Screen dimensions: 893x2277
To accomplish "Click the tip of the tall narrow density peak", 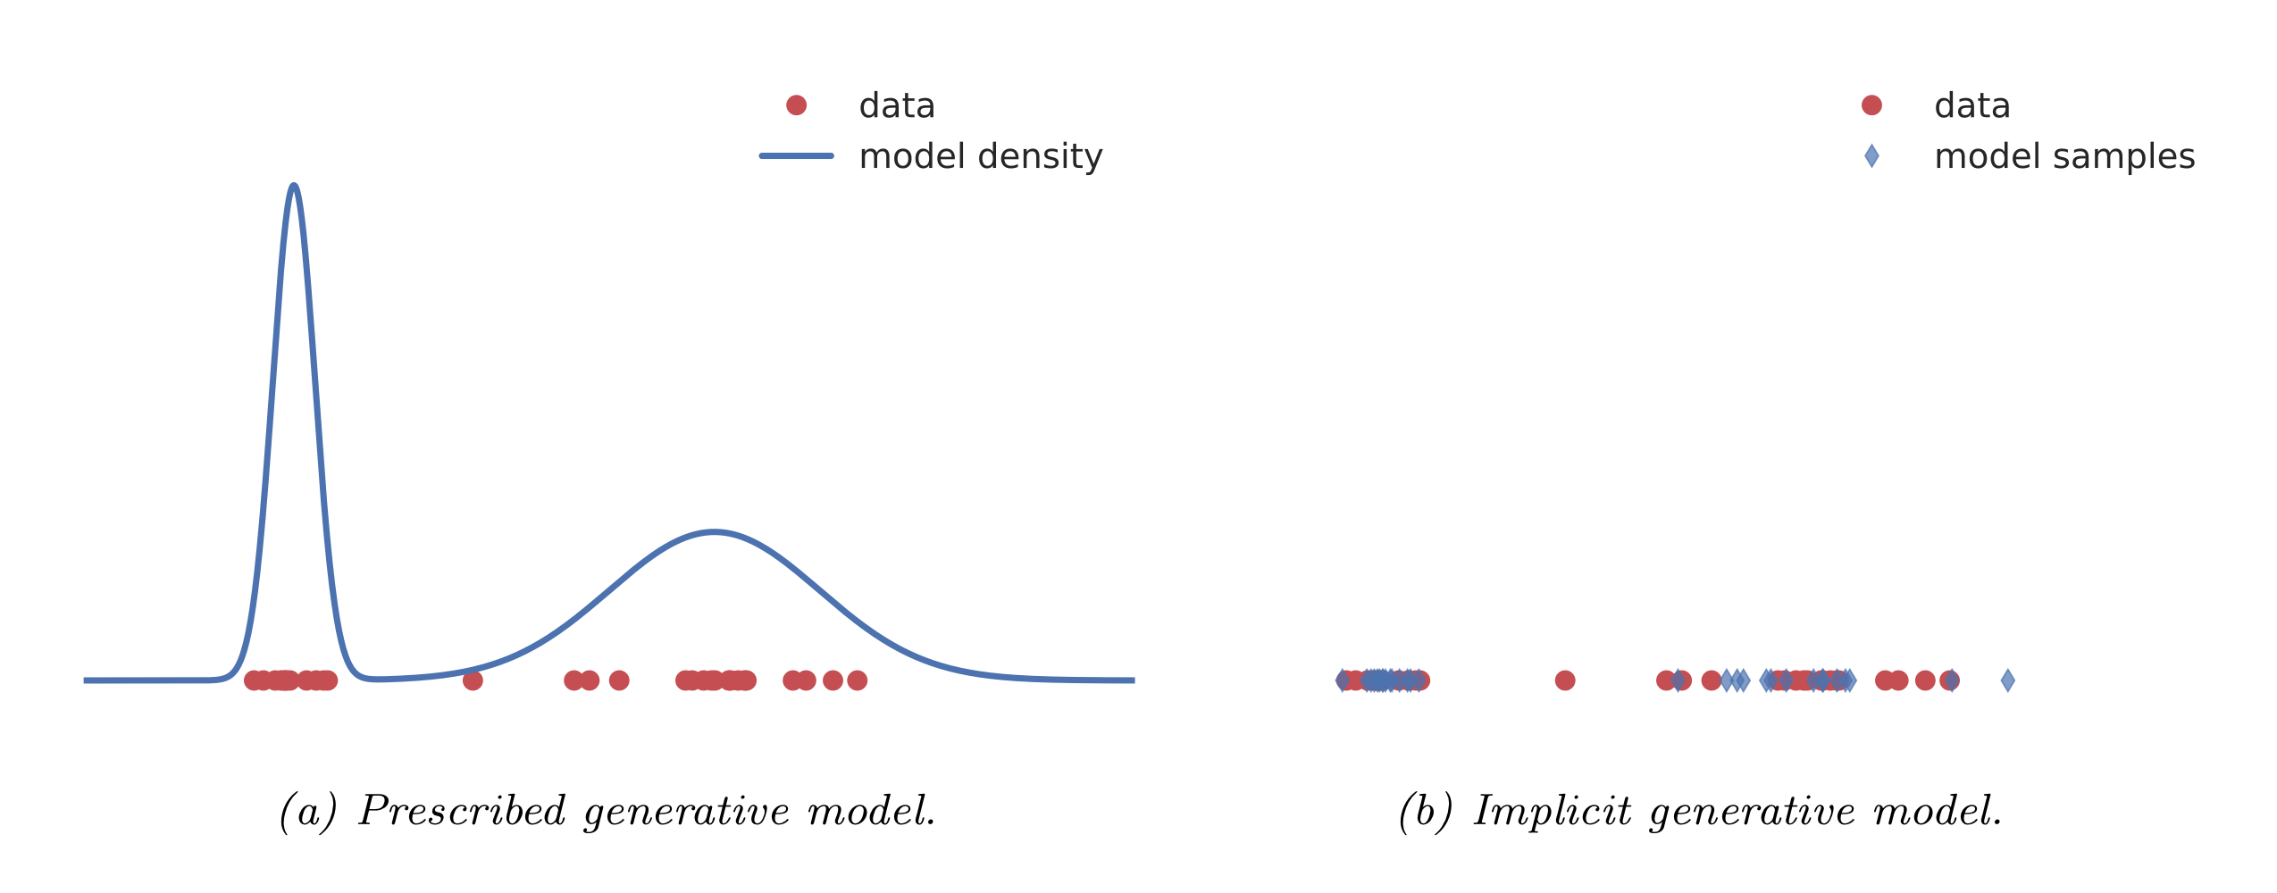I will pyautogui.click(x=294, y=186).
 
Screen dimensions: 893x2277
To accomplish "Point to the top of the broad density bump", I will pyautogui.click(x=714, y=532).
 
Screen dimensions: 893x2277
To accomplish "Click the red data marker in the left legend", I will pyautogui.click(x=796, y=105).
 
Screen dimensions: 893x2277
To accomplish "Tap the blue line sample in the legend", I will pyautogui.click(x=796, y=156).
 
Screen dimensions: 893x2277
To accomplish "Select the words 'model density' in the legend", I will pyautogui.click(x=980, y=156).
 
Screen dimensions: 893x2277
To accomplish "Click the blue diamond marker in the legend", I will pyautogui.click(x=1871, y=156).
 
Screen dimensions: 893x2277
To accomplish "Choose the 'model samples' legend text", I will pyautogui.click(x=2064, y=156).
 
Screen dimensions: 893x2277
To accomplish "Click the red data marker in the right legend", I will pyautogui.click(x=1871, y=105).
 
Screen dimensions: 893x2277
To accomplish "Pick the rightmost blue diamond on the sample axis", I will pyautogui.click(x=2007, y=680).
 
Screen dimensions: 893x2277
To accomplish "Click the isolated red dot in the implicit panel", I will pyautogui.click(x=1564, y=680).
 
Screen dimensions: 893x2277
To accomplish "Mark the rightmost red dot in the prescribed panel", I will pyautogui.click(x=857, y=680).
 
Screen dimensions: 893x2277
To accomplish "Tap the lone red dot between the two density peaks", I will pyautogui.click(x=473, y=680).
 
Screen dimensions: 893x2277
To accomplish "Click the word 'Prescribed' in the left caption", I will pyautogui.click(x=462, y=811).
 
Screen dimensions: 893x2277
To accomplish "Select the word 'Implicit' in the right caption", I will pyautogui.click(x=1552, y=811).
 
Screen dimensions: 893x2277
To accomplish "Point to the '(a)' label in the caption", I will pyautogui.click(x=308, y=811).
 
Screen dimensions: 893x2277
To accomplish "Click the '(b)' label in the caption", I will pyautogui.click(x=1425, y=811).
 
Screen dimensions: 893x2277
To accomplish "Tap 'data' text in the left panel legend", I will pyautogui.click(x=897, y=105).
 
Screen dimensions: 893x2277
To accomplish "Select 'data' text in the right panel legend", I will pyautogui.click(x=1971, y=105).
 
